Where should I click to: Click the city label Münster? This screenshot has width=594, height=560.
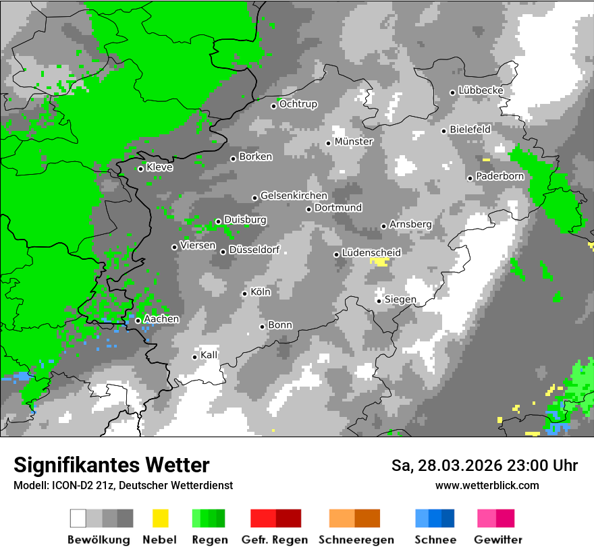click(354, 142)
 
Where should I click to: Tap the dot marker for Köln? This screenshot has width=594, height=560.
click(244, 293)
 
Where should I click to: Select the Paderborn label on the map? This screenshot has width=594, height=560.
click(500, 177)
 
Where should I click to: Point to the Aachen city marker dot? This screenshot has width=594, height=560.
click(138, 320)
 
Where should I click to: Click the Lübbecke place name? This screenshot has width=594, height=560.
click(481, 90)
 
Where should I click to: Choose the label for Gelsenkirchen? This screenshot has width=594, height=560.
click(294, 196)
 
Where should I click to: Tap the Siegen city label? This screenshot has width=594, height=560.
click(400, 300)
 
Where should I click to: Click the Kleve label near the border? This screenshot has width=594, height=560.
click(159, 167)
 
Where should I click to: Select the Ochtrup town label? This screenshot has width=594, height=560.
click(298, 105)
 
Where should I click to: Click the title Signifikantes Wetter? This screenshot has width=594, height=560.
click(111, 465)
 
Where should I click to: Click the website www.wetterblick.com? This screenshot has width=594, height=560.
click(487, 485)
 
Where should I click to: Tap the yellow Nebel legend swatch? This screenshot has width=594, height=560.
click(160, 518)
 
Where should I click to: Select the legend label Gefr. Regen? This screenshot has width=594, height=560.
click(275, 540)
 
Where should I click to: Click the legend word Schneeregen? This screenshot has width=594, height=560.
click(356, 540)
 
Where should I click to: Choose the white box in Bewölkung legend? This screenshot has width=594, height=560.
click(78, 518)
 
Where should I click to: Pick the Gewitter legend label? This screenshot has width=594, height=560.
click(497, 540)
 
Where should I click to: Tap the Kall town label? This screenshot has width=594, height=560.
click(209, 355)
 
